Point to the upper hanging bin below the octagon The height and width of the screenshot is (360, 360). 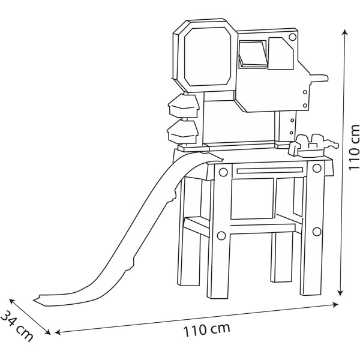184,106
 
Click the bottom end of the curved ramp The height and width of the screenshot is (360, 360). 45,296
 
